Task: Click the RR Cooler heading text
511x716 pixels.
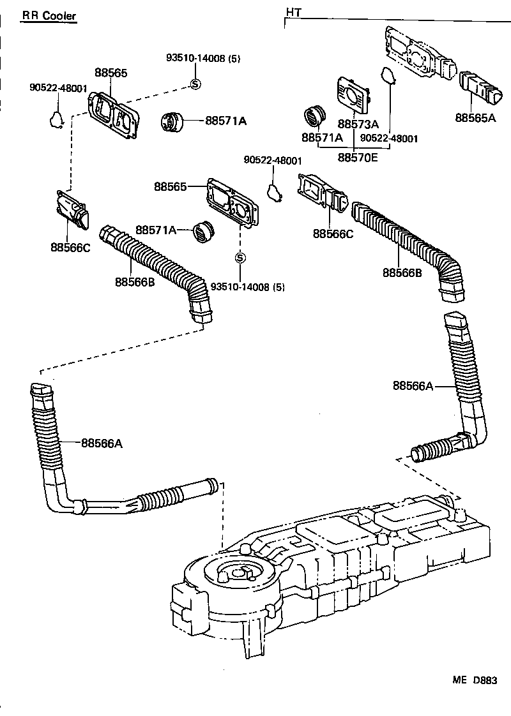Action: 49,15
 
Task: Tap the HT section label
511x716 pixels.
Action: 294,12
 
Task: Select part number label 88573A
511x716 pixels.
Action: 358,124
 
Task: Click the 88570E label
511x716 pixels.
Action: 358,156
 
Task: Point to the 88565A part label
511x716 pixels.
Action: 475,117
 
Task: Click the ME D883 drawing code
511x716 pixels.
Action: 475,680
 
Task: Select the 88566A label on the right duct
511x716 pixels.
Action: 413,385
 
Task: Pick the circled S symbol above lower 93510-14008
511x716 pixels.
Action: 240,258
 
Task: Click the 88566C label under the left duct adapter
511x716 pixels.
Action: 71,247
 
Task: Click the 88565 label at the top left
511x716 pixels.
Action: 111,73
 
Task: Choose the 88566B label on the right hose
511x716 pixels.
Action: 402,272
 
